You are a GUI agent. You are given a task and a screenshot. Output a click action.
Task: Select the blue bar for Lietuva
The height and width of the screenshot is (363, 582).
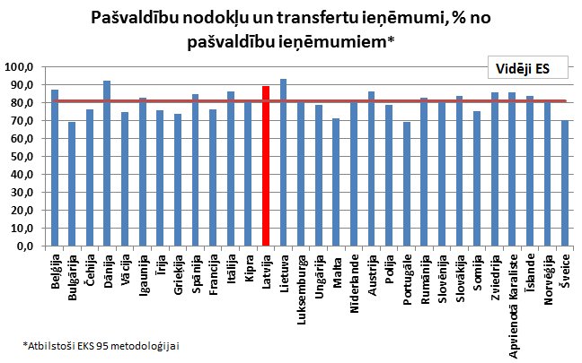point(283,162)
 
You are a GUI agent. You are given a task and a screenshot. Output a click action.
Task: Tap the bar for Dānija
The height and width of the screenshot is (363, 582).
point(107,163)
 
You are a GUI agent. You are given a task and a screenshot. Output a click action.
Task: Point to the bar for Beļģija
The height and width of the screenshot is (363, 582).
point(54,168)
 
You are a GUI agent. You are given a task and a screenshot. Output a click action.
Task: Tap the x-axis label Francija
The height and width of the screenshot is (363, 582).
point(213,276)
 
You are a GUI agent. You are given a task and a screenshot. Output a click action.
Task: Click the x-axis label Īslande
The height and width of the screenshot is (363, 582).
point(530,272)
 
